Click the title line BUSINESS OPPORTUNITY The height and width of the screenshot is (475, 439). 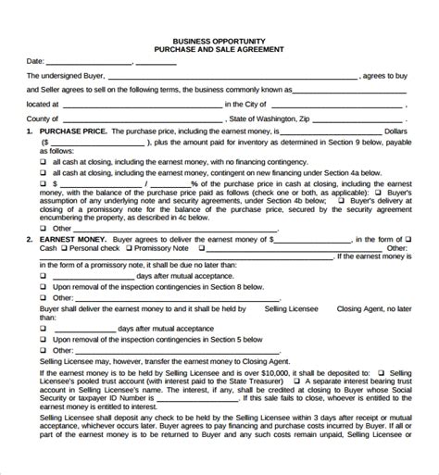(219, 41)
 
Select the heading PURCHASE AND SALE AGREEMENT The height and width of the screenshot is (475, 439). (219, 50)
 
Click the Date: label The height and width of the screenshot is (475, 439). (35, 62)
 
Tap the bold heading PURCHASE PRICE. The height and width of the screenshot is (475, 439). (73, 132)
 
